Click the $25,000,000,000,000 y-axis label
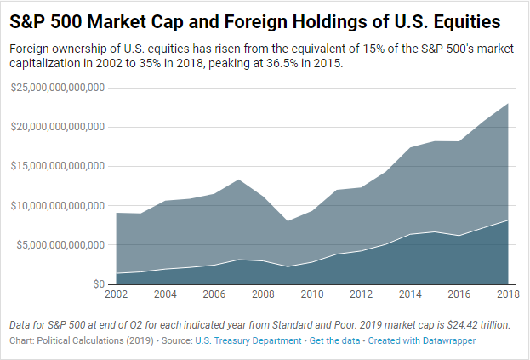click(x=57, y=88)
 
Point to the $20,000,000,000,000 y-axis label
click(x=57, y=127)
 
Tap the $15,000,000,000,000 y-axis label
click(x=57, y=166)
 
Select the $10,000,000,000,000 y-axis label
click(x=57, y=205)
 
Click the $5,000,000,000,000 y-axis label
click(x=60, y=244)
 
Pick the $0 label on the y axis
click(x=100, y=283)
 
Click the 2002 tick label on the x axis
click(x=117, y=294)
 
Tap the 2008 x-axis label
click(x=263, y=294)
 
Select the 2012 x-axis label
click(x=362, y=294)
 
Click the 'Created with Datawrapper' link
click(x=423, y=340)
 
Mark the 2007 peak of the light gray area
click(x=239, y=180)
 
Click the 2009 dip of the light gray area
click(x=288, y=221)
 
